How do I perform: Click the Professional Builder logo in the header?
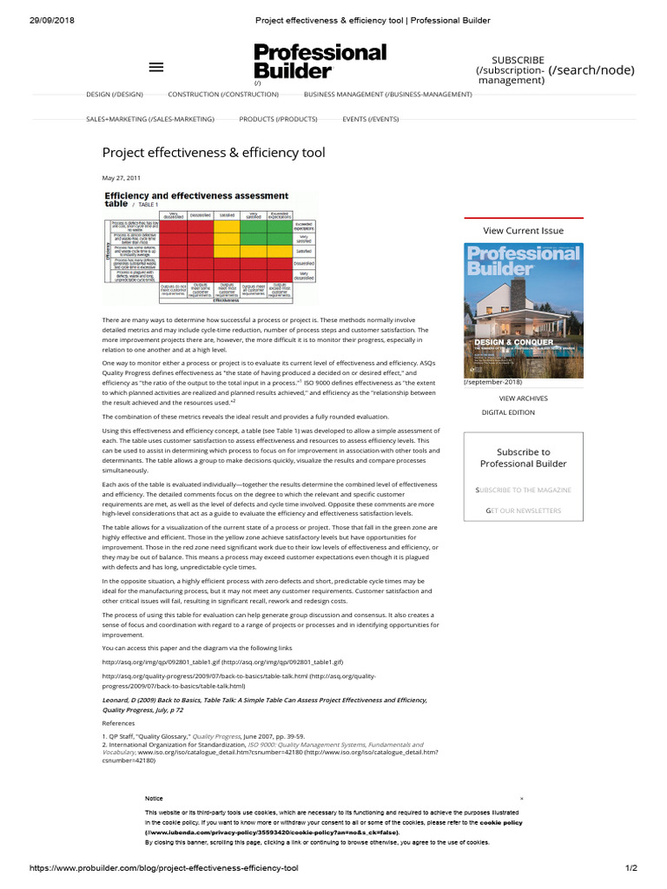320,62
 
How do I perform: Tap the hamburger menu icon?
156,67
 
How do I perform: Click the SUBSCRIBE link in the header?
518,60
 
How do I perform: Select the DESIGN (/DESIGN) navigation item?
114,94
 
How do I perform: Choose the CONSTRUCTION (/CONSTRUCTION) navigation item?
223,94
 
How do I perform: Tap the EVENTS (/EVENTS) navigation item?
371,118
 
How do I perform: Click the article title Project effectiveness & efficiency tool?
214,153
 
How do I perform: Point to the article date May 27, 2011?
122,178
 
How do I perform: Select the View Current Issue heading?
523,231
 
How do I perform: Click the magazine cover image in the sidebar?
523,310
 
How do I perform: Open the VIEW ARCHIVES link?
523,398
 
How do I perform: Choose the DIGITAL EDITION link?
508,412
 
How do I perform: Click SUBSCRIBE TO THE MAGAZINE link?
523,491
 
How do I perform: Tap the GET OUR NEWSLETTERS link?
523,510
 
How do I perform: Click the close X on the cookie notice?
522,798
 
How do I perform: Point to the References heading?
119,722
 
